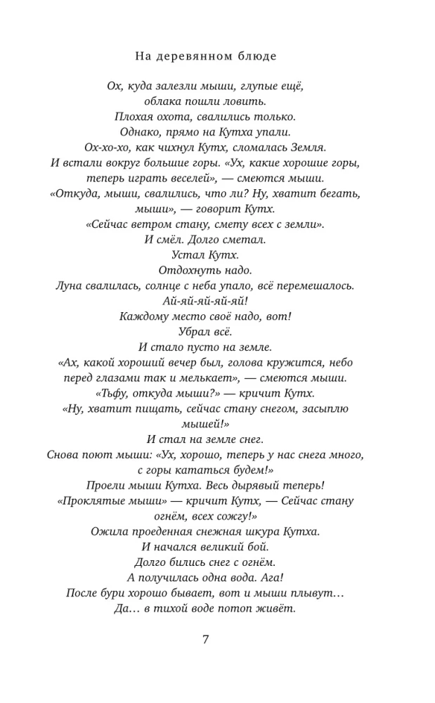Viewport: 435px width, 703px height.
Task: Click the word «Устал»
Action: [189, 255]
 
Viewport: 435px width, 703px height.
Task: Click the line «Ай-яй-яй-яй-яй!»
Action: [205, 302]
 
